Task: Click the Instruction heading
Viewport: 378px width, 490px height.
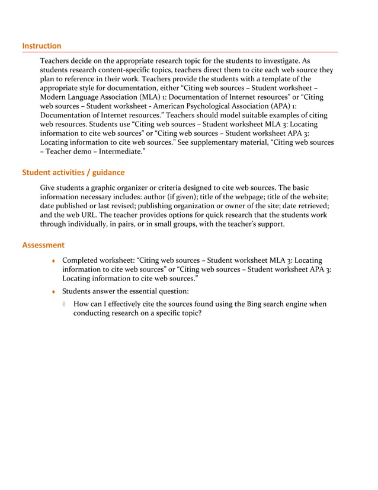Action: point(41,46)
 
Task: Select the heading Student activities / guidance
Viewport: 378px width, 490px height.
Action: point(73,173)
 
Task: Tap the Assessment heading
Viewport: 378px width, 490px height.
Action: point(43,245)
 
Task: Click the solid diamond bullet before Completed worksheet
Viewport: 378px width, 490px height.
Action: point(53,260)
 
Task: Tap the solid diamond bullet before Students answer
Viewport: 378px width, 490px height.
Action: point(53,291)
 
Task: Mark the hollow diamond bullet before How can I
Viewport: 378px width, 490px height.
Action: point(65,304)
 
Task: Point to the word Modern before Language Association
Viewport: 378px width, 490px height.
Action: point(54,96)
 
